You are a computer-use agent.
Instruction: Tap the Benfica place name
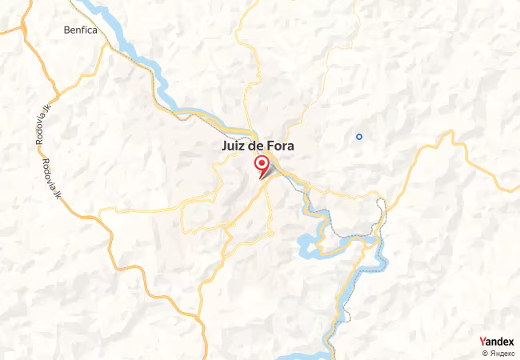[x=81, y=30]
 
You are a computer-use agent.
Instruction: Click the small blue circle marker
[x=359, y=136]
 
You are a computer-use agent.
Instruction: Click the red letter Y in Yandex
[x=482, y=342]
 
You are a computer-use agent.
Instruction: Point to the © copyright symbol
[x=485, y=353]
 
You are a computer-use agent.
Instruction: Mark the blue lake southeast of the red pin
[x=308, y=243]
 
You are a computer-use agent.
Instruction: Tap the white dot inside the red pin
[x=262, y=162]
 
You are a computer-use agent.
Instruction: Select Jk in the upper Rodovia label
[x=37, y=114]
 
